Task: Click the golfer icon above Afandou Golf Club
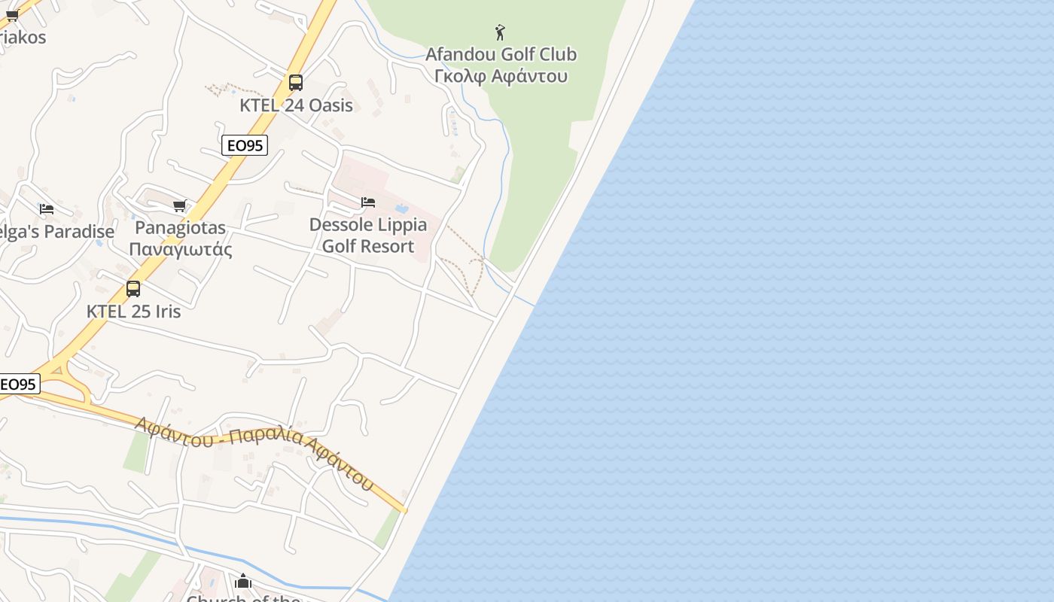[x=500, y=32]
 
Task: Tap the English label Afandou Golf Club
[x=501, y=54]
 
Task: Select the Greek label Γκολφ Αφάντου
[x=501, y=76]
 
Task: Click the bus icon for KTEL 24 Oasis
[x=296, y=83]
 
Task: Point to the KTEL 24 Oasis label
[x=296, y=105]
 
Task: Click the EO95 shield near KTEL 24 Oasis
[x=245, y=145]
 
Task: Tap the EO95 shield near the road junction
[x=18, y=385]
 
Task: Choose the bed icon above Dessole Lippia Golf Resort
[x=368, y=202]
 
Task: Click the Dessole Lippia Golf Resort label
[x=368, y=235]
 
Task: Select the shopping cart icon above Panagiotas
[x=179, y=205]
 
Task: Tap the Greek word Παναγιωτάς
[x=181, y=249]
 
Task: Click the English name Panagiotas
[x=181, y=227]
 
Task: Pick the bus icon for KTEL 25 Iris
[x=133, y=288]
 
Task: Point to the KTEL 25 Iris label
[x=133, y=311]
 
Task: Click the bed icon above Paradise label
[x=47, y=208]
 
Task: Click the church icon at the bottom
[x=242, y=582]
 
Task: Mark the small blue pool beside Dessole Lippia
[x=401, y=208]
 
